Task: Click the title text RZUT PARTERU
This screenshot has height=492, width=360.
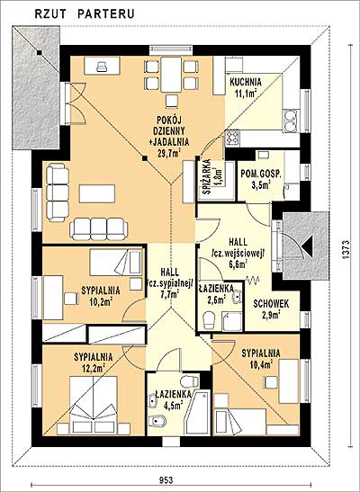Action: coord(85,13)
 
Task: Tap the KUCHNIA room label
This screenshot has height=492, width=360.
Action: coord(246,82)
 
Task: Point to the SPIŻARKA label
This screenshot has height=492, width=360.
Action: coord(206,177)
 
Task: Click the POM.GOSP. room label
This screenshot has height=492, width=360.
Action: coord(261,174)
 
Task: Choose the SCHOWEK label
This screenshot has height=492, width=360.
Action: coord(271,304)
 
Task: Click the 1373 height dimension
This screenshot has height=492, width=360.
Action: coord(346,250)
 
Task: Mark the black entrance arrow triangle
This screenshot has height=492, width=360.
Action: coord(308,246)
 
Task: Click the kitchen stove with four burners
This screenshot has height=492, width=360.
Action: coord(233,138)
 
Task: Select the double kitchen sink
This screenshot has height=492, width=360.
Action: coord(291,121)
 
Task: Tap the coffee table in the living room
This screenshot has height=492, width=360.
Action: coord(97,193)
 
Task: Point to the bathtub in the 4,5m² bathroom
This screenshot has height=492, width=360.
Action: coord(197,413)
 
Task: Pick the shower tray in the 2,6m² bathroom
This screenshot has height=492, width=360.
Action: coord(232,321)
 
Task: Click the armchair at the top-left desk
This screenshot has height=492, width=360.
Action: coord(102,67)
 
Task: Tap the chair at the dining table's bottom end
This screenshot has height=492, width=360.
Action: coord(172,101)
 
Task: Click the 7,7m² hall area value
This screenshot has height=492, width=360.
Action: coord(169,294)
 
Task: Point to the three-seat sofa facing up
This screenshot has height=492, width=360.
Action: coord(99,228)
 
